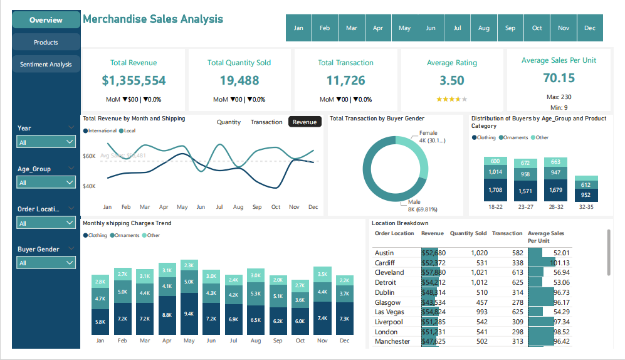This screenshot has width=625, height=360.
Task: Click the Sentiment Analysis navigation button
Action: (46, 65)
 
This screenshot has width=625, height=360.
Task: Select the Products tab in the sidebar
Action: (46, 43)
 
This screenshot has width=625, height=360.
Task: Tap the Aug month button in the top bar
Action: (484, 28)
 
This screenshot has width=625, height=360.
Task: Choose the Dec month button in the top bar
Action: (590, 28)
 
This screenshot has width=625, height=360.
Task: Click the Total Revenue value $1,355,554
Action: (134, 80)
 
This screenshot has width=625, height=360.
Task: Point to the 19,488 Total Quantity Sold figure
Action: (239, 80)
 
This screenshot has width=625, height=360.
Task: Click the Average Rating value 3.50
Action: (451, 80)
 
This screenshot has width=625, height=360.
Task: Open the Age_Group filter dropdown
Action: (46, 183)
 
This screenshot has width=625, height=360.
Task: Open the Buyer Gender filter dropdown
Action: (46, 263)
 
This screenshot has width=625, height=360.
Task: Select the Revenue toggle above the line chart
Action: (305, 122)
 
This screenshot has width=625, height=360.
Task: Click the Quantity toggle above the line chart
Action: (229, 122)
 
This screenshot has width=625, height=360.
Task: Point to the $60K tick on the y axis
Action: (89, 156)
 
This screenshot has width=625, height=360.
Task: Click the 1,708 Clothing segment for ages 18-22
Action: (495, 189)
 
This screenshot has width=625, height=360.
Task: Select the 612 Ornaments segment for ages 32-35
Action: (586, 185)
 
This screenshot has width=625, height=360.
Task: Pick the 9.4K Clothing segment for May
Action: (189, 314)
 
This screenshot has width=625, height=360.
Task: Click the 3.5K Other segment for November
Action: (323, 274)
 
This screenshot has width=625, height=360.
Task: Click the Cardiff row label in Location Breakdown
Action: (386, 263)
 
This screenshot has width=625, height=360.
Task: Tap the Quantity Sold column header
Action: (468, 233)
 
